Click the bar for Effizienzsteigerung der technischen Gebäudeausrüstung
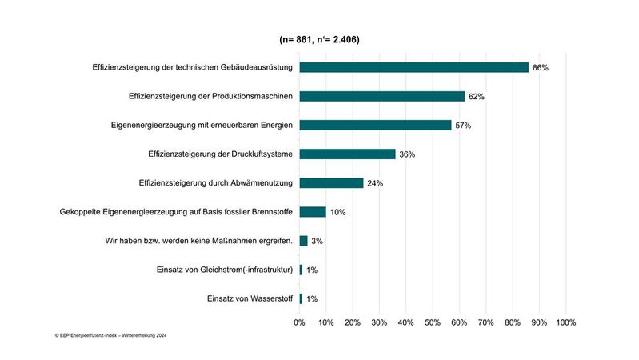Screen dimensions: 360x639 click(413, 67)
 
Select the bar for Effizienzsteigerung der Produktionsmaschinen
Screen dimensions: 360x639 click(381, 96)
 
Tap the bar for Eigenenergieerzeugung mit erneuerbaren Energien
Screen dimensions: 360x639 click(375, 125)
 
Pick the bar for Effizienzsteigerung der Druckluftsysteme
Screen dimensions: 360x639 click(347, 154)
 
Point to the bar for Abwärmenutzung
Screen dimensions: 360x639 click(331, 182)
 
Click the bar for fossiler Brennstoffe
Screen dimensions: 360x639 click(313, 212)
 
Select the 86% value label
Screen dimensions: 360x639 click(541, 68)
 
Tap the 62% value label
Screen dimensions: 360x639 click(477, 97)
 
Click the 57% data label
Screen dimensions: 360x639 click(463, 126)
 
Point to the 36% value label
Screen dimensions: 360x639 click(407, 154)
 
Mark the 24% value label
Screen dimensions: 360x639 click(375, 183)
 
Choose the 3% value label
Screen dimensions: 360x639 click(317, 241)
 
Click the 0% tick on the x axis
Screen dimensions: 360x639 click(300, 322)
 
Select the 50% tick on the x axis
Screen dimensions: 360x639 click(433, 322)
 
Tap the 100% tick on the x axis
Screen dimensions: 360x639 click(565, 322)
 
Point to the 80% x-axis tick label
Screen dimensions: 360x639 click(513, 322)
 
